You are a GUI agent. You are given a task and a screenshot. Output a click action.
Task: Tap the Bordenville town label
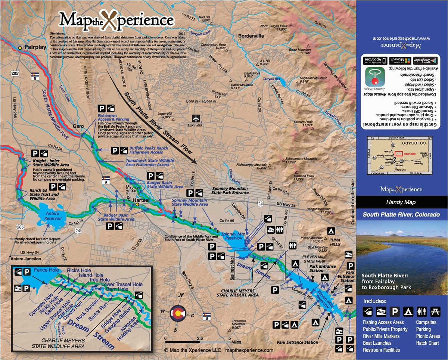click(x=253, y=36)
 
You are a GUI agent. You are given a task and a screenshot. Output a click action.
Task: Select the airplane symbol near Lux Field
click(x=196, y=118)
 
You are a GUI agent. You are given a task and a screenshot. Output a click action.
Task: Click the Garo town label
click(x=79, y=126)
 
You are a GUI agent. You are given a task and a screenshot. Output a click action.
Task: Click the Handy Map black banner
click(x=402, y=202)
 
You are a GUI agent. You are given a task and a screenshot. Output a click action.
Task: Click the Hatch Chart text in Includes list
click(x=427, y=343)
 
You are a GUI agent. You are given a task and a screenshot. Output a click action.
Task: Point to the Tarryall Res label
click(x=271, y=79)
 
